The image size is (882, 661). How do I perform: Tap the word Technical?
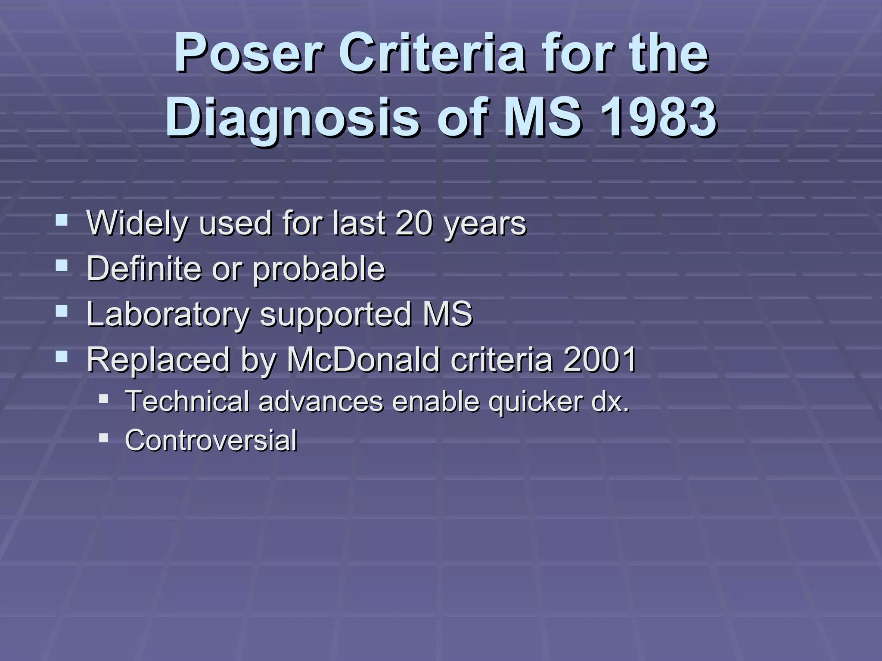pos(187,401)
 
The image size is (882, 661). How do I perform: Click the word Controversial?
pos(211,440)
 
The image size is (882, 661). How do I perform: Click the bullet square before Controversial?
pos(103,438)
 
